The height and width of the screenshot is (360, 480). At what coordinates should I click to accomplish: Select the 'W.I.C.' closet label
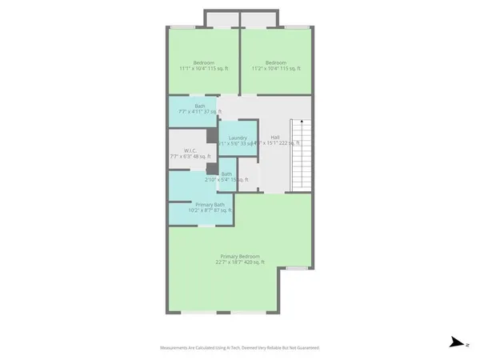coord(190,150)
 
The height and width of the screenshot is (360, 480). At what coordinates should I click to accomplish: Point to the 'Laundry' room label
coord(238,138)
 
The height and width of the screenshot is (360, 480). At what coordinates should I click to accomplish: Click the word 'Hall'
coord(274,138)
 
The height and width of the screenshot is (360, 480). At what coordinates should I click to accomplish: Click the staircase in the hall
coord(299,155)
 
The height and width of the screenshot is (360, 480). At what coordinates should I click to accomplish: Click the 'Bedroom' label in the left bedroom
coord(204,62)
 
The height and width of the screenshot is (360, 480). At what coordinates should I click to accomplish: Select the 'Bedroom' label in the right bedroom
coord(276,62)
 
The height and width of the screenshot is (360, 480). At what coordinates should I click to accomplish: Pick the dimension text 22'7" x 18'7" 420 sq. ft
coord(238,262)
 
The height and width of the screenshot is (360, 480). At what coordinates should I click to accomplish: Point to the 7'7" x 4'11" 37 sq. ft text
coord(200,112)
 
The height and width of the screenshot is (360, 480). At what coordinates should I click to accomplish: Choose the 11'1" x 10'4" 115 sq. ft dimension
coord(204,69)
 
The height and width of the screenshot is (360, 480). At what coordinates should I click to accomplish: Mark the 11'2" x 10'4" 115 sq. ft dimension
coord(276,69)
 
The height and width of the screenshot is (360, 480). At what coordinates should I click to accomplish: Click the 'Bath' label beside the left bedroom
coord(200,106)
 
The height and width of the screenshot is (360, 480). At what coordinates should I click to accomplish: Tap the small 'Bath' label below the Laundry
coord(226,174)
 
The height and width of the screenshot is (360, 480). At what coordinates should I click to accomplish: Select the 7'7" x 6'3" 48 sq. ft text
coord(190,156)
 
